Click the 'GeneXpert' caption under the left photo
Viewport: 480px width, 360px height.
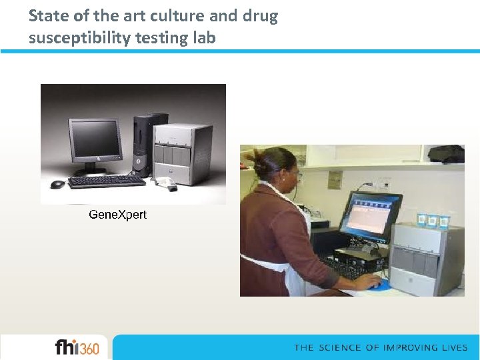point(118,215)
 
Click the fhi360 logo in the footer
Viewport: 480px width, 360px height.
point(77,347)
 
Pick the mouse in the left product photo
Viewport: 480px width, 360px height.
point(57,184)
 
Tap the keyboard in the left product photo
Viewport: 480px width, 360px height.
point(107,181)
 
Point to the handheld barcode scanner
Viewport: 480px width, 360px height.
point(166,183)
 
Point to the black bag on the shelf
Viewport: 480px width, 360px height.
point(447,154)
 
